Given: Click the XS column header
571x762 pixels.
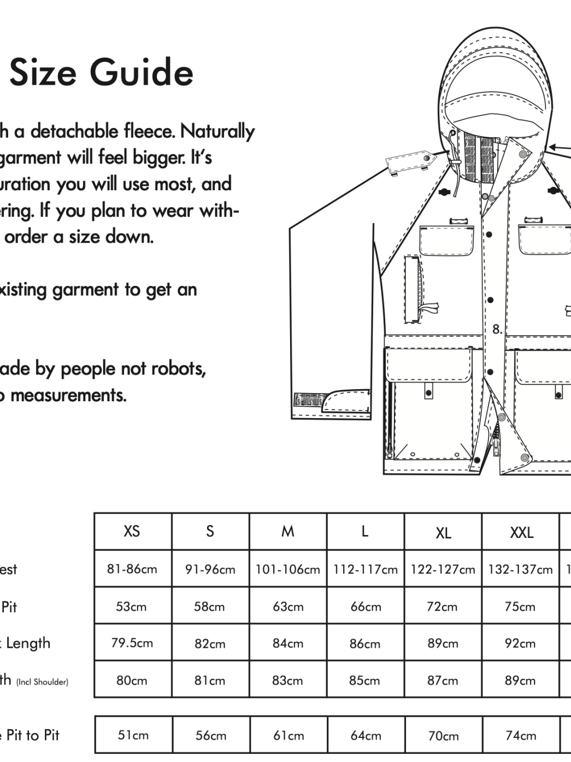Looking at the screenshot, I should tap(132, 531).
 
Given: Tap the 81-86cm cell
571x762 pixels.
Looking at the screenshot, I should tap(132, 569).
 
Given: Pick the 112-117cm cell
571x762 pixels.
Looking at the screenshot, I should tap(365, 570).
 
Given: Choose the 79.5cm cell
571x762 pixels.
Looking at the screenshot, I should tap(132, 643).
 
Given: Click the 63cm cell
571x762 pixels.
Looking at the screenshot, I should tap(287, 607).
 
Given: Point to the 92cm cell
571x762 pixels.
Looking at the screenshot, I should tap(520, 643).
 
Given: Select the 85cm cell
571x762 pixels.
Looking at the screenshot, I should tap(364, 681).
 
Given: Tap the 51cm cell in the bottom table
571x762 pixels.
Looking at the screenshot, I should tap(133, 735).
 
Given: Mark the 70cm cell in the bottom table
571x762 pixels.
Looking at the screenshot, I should tap(443, 736).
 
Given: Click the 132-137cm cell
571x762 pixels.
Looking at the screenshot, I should tap(520, 570).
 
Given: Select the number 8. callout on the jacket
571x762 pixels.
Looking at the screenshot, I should tap(497, 329).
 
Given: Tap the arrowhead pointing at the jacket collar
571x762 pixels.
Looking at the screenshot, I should tap(553, 146).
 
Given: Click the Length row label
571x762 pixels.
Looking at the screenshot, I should tap(28, 643).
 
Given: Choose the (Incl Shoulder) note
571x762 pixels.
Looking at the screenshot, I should tap(42, 682).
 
